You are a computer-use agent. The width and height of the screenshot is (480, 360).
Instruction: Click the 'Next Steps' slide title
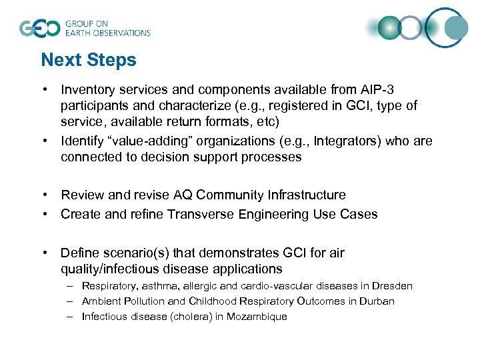pos(88,60)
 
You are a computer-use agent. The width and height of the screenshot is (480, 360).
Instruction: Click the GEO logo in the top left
pos(40,28)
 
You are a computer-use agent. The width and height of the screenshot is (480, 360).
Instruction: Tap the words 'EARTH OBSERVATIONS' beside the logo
pos(107,33)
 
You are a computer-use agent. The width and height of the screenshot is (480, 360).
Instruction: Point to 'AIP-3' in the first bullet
pos(383,89)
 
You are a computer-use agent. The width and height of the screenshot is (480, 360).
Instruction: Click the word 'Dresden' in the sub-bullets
pos(393,286)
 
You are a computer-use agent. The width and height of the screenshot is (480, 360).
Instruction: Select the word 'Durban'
pos(377,301)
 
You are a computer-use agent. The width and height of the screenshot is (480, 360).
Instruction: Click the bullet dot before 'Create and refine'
pos(44,215)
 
